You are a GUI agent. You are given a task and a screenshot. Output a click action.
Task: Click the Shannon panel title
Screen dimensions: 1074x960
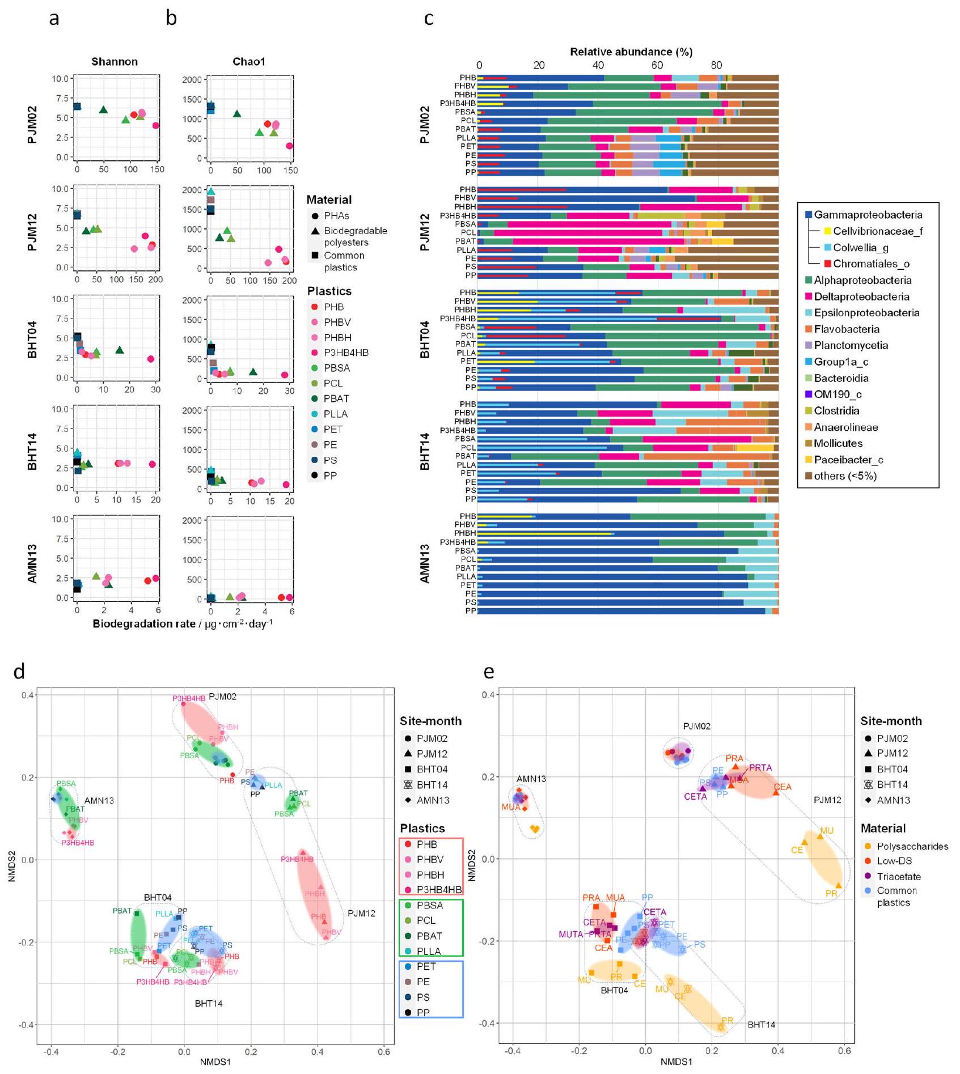click(x=115, y=62)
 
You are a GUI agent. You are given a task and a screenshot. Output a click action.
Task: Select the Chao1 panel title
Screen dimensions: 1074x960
click(x=248, y=62)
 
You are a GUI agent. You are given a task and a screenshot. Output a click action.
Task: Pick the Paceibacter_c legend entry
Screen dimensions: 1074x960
click(x=848, y=460)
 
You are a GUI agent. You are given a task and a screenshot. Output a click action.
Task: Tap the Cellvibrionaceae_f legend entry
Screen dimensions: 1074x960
click(x=877, y=231)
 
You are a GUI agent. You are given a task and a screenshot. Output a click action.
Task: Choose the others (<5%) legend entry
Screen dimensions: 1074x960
click(x=845, y=476)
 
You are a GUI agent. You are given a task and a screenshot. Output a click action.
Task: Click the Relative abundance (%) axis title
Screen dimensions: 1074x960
click(x=631, y=52)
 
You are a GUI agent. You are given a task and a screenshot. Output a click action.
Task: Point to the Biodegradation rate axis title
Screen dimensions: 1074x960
click(x=183, y=624)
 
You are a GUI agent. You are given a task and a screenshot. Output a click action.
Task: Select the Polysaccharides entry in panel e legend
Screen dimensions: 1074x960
click(x=912, y=846)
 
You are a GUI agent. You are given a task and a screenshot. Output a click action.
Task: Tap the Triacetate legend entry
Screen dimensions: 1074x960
click(x=899, y=876)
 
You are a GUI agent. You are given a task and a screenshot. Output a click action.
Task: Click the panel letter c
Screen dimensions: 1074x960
click(x=429, y=19)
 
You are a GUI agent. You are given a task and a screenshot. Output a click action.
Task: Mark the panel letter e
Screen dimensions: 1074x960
click(x=489, y=672)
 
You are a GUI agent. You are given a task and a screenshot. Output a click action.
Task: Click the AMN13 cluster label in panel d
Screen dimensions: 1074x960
click(x=99, y=801)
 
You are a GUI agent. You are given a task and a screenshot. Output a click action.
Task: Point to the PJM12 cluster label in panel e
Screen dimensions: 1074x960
click(x=827, y=800)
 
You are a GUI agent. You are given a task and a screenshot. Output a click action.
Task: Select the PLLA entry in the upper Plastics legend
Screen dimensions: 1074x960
click(x=336, y=414)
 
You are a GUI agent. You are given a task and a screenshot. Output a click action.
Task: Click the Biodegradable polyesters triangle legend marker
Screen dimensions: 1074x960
click(x=315, y=231)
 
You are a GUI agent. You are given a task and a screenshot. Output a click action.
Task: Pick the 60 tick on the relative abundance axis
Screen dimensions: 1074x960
click(x=657, y=65)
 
